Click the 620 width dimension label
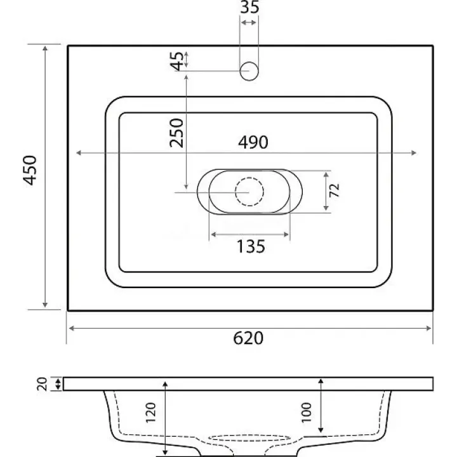pyautogui.click(x=248, y=338)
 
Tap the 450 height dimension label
pyautogui.click(x=30, y=171)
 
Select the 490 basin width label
pyautogui.click(x=253, y=142)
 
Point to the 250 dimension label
pyautogui.click(x=176, y=133)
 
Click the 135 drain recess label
pyautogui.click(x=251, y=246)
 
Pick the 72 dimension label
pyautogui.click(x=334, y=190)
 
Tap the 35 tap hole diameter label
pyautogui.click(x=249, y=7)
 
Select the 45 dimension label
pyautogui.click(x=177, y=61)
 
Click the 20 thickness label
pyautogui.click(x=43, y=384)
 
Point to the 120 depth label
pyautogui.click(x=150, y=413)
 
